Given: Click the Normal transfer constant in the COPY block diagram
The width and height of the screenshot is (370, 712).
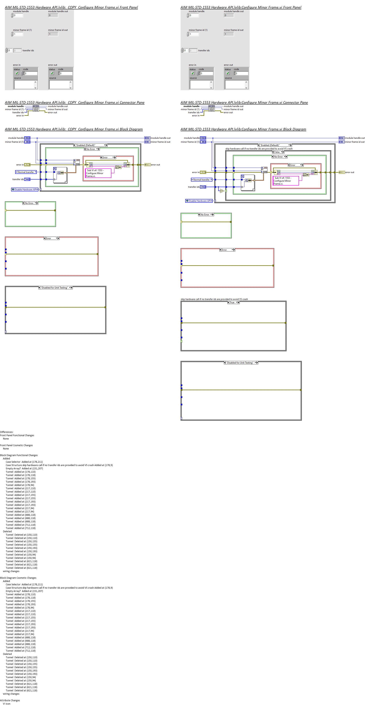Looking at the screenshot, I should click(x=26, y=172).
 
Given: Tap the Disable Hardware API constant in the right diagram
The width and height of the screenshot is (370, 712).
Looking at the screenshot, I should click(x=199, y=201).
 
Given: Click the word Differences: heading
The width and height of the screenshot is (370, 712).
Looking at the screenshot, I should click(x=7, y=432).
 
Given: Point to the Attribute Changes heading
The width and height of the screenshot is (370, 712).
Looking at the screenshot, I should click(x=10, y=700).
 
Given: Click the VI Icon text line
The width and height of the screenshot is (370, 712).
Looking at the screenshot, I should click(x=7, y=704).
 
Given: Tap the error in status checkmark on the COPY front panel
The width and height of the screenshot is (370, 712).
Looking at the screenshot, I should click(x=17, y=73).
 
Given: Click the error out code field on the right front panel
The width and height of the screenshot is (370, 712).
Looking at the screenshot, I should click(x=241, y=73).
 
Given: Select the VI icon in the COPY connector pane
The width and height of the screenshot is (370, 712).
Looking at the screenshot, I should click(x=36, y=108).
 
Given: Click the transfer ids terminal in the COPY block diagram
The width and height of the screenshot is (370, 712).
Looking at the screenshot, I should click(x=27, y=179).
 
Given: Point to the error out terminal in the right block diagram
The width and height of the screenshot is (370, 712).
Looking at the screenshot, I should click(x=342, y=172).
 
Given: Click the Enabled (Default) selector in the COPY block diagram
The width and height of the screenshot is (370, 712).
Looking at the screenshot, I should click(x=90, y=145).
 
